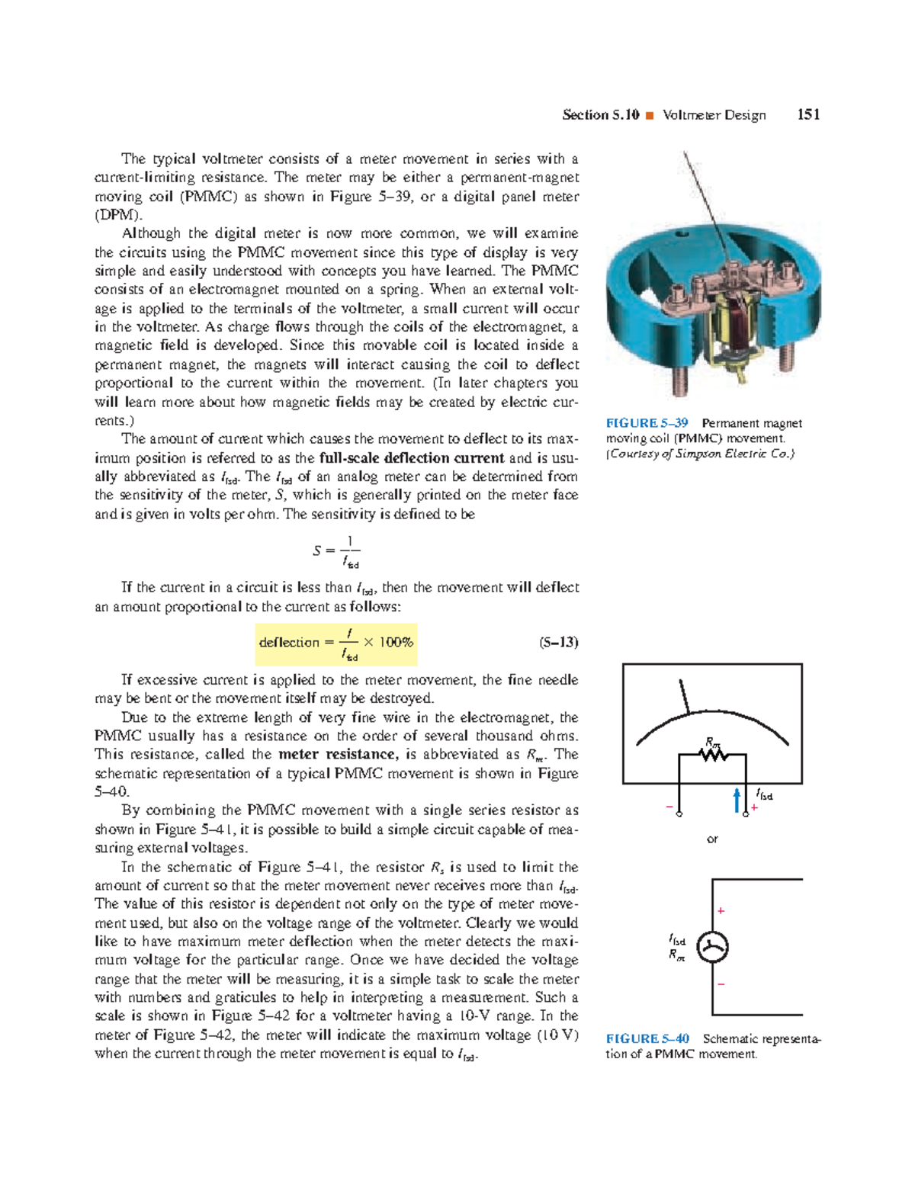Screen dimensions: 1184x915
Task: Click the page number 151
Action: pyautogui.click(x=807, y=115)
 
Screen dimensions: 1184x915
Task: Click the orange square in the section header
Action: pyautogui.click(x=650, y=116)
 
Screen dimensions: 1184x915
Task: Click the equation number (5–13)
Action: pyautogui.click(x=558, y=642)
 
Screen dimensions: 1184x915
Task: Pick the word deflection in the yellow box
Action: pyautogui.click(x=288, y=643)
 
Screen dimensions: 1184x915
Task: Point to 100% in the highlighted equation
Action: pyautogui.click(x=396, y=642)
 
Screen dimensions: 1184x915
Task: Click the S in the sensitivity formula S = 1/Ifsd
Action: pyautogui.click(x=317, y=550)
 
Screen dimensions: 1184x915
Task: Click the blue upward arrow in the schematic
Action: pyautogui.click(x=737, y=800)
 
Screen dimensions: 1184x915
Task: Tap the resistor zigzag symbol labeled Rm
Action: pyautogui.click(x=714, y=755)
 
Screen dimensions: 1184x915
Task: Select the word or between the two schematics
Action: pyautogui.click(x=712, y=839)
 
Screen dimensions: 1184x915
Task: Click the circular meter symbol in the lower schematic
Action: pyautogui.click(x=712, y=948)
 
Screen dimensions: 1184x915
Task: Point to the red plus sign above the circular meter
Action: pyautogui.click(x=721, y=911)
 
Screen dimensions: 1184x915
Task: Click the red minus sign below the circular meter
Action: pyautogui.click(x=721, y=984)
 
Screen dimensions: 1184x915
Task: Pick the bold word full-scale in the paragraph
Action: pyautogui.click(x=349, y=458)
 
